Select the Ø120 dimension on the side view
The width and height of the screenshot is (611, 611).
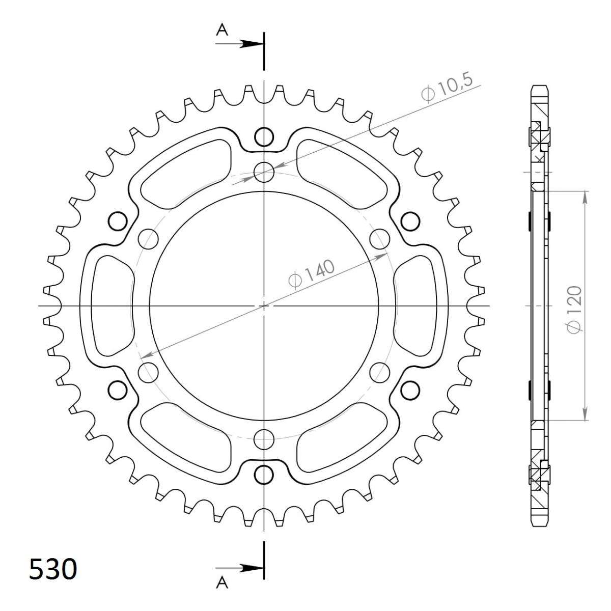pyautogui.click(x=575, y=310)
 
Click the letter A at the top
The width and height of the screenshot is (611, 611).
pyautogui.click(x=222, y=31)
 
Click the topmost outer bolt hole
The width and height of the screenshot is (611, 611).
pyautogui.click(x=264, y=136)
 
